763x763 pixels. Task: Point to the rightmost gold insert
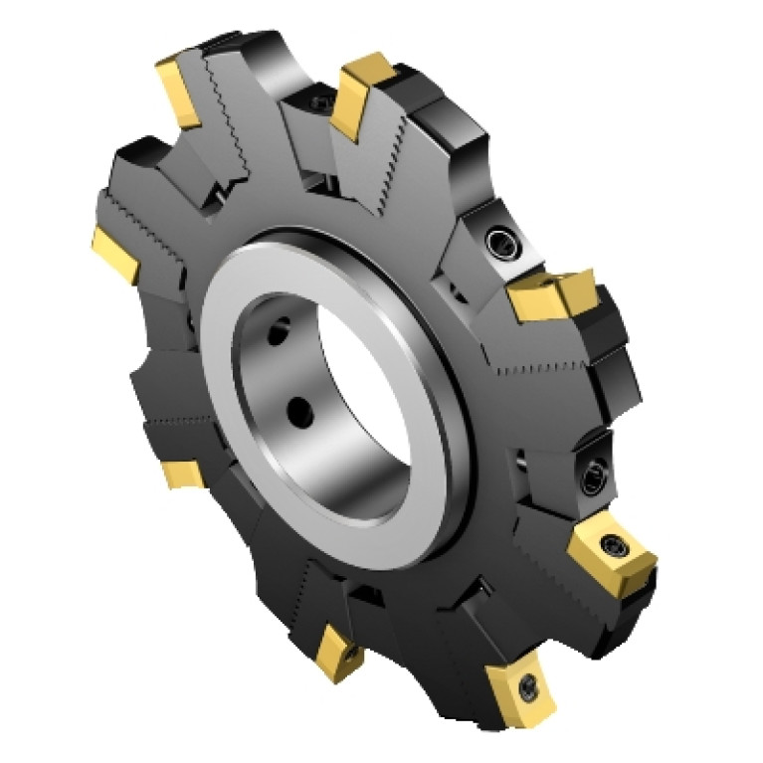coord(609,555)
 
